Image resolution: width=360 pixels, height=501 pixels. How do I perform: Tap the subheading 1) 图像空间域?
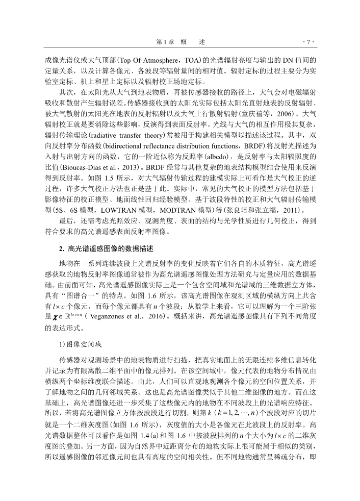coord(78,344)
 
